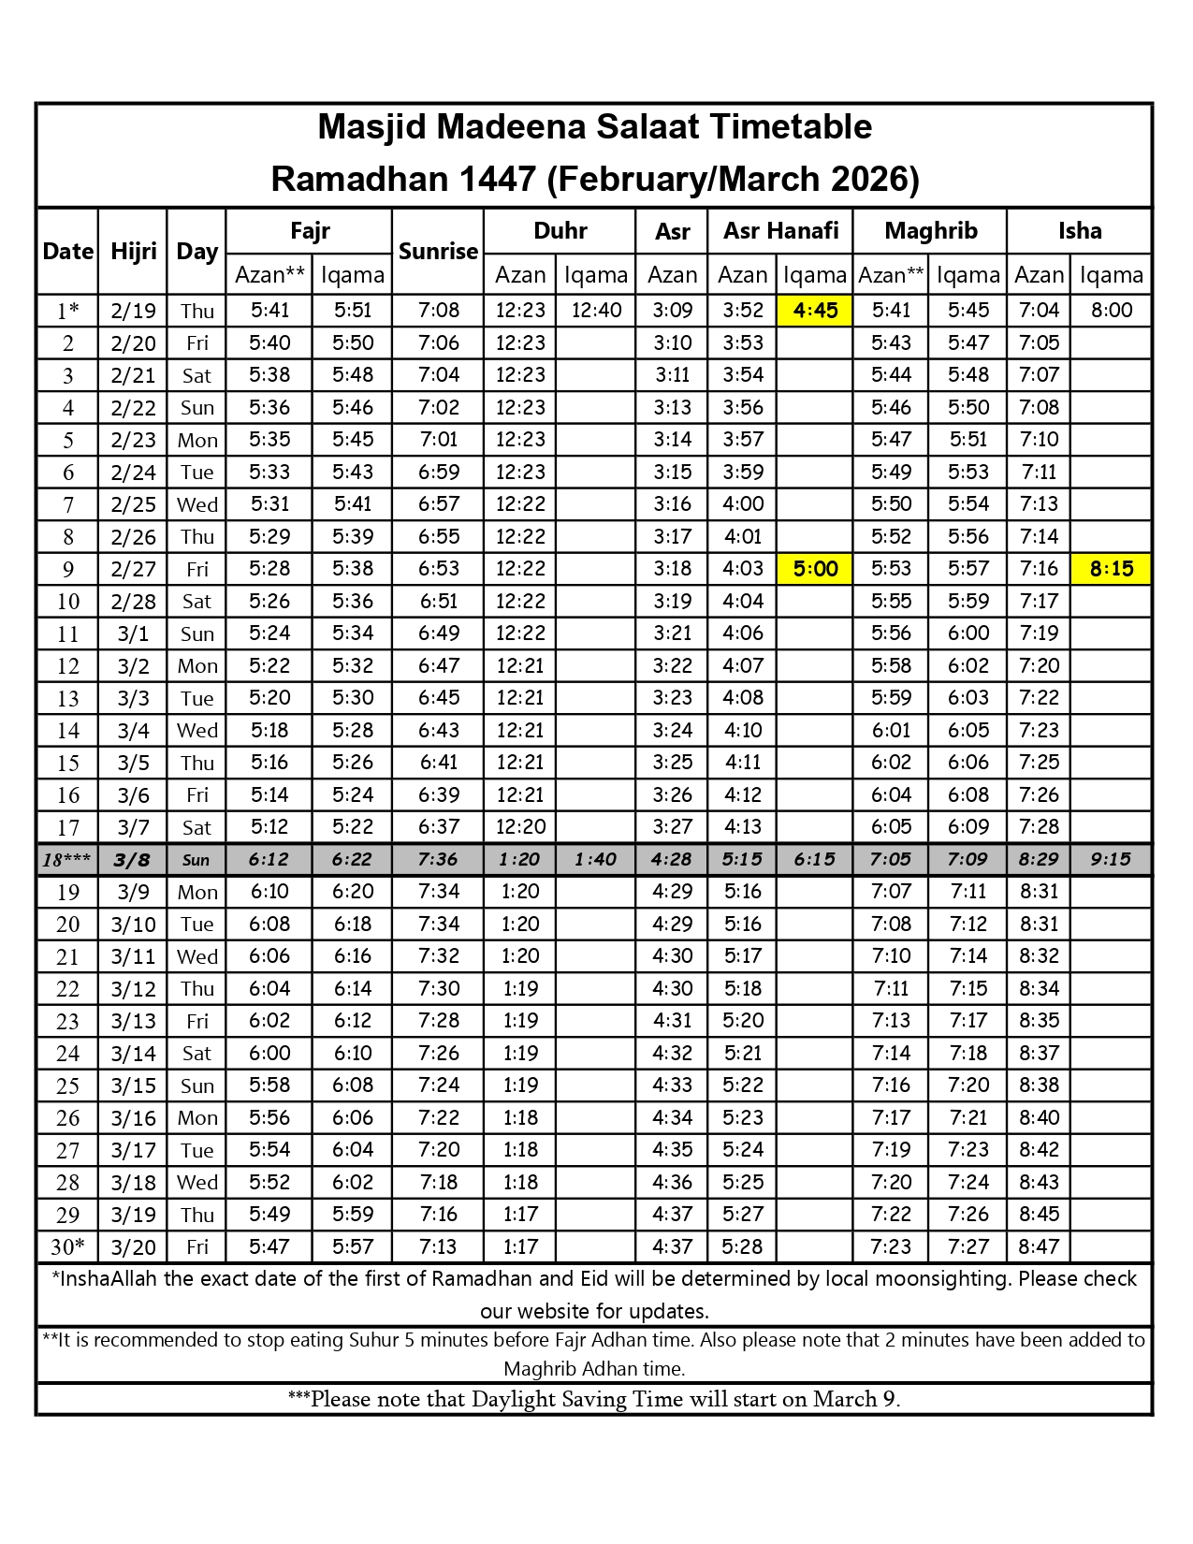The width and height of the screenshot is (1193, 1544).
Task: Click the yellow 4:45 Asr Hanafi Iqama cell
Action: tap(815, 311)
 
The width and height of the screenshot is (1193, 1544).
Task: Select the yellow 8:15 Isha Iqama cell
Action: tap(1111, 569)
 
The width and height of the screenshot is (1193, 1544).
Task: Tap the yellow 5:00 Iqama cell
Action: tap(815, 569)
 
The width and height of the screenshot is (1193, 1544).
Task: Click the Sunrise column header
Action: tap(438, 251)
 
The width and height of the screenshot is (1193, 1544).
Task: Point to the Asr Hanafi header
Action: tap(780, 231)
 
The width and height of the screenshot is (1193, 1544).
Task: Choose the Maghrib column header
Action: tap(930, 231)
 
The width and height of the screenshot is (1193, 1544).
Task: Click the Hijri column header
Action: tap(133, 251)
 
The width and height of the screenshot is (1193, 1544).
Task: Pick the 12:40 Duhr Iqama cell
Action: tap(596, 311)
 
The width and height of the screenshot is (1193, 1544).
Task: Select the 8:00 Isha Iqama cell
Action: tap(1111, 311)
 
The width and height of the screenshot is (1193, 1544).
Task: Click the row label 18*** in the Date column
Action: tap(67, 860)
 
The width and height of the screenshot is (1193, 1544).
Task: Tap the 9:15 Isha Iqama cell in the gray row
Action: tap(1111, 860)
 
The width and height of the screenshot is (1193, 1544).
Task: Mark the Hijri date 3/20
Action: tap(133, 1247)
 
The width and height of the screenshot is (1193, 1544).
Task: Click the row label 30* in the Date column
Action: tap(67, 1247)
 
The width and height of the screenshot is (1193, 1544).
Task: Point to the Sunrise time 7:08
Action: tap(438, 311)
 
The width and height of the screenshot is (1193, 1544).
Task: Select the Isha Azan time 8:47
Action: tap(1039, 1247)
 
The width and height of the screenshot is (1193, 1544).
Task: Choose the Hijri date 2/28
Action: tap(133, 602)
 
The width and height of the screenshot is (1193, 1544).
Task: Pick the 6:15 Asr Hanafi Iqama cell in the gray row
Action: tap(815, 860)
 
